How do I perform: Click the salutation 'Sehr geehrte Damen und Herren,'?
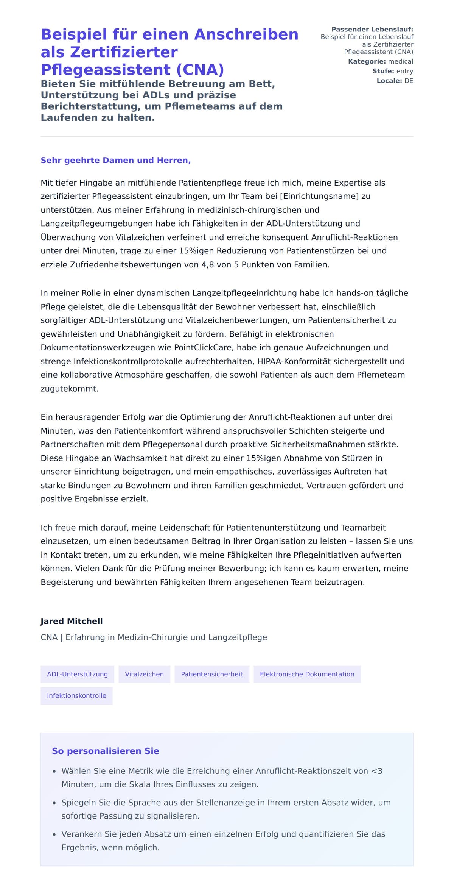coord(115,160)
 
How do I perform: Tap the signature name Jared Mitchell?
coord(72,621)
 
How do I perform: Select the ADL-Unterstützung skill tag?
coord(77,674)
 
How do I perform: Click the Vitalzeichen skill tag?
coord(144,674)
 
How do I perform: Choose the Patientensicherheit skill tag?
coord(211,674)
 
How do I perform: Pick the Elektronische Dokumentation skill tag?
coord(307,674)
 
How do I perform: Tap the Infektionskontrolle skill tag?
coord(76,695)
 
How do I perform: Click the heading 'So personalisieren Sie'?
coord(105,751)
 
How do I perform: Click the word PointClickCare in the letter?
coord(204,347)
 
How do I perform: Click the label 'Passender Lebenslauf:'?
coord(372,29)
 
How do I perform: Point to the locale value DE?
coord(409,81)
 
